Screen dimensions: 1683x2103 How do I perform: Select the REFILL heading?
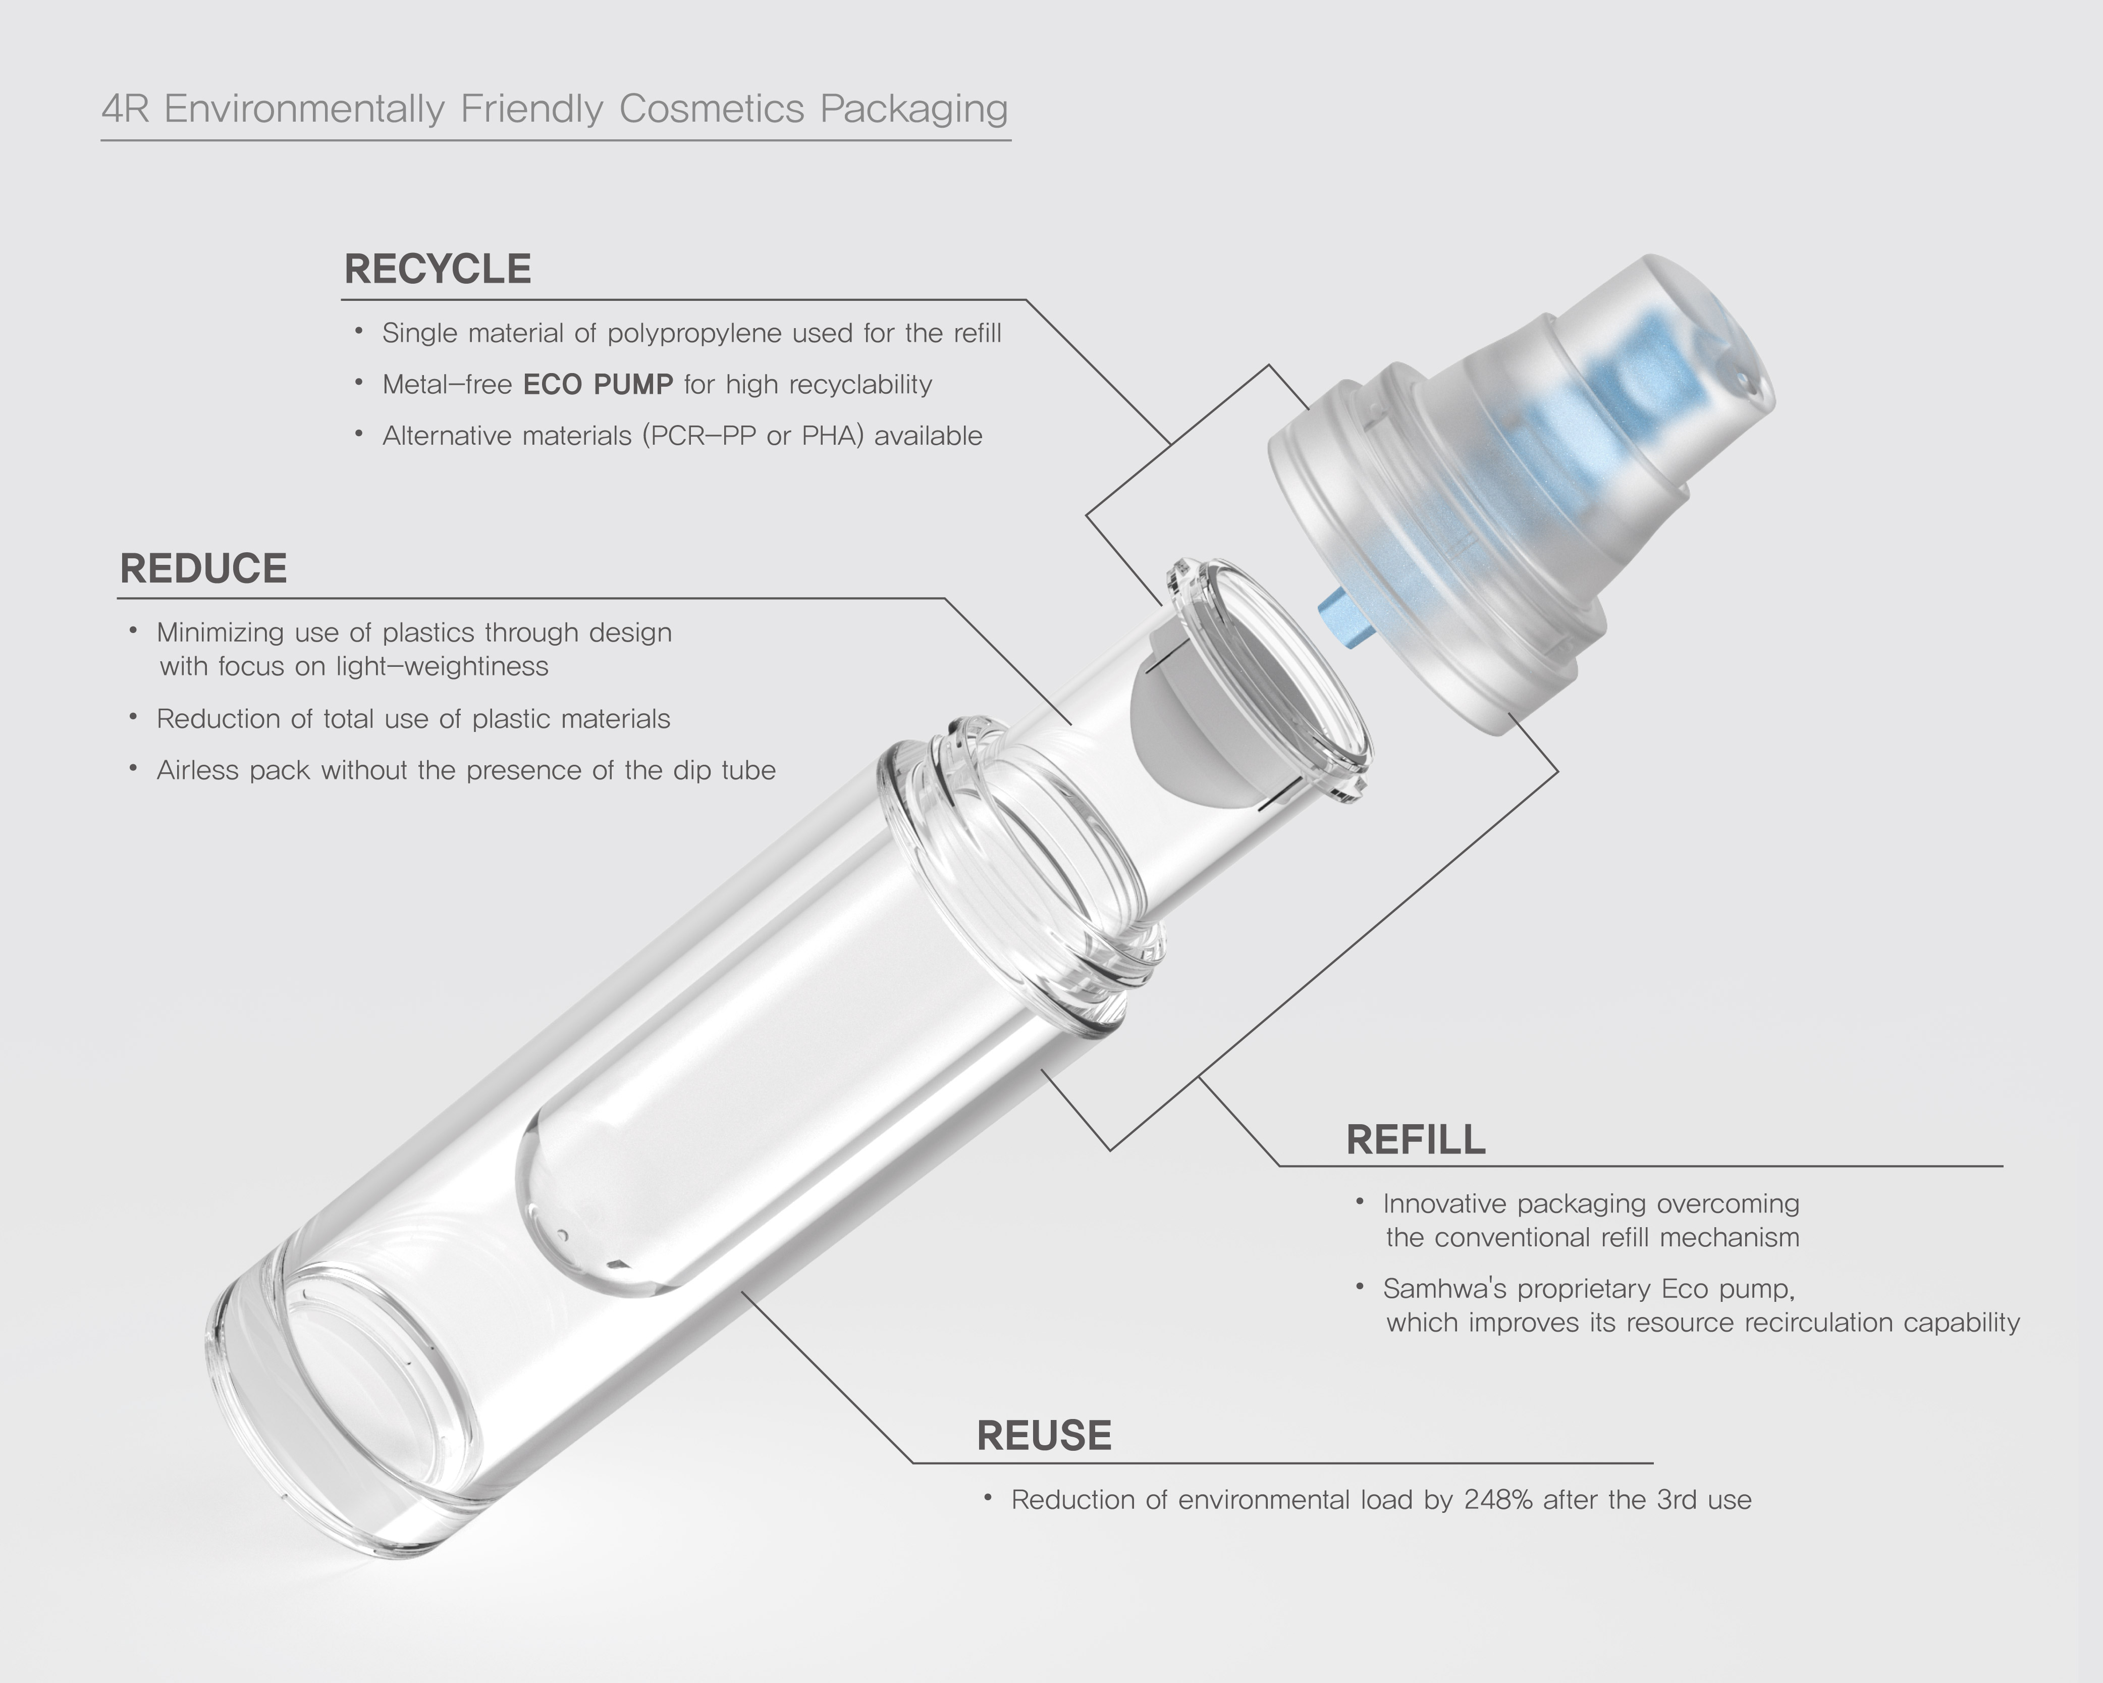click(1415, 1139)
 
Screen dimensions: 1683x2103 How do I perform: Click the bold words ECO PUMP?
click(598, 385)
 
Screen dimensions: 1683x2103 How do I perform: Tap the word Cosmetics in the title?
click(712, 109)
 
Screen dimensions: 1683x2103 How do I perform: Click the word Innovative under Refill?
click(1444, 1204)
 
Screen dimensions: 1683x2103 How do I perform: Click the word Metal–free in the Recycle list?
click(447, 385)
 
